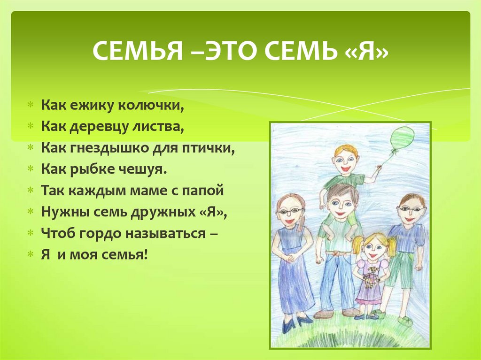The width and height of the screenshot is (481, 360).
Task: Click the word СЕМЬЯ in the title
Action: [138, 51]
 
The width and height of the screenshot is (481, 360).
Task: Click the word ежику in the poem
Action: [93, 106]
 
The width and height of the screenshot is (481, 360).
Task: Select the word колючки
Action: [151, 106]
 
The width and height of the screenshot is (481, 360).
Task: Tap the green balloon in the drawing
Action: [402, 138]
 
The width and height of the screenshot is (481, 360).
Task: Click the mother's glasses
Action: [289, 211]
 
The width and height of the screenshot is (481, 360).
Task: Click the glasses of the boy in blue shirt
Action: [411, 209]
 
